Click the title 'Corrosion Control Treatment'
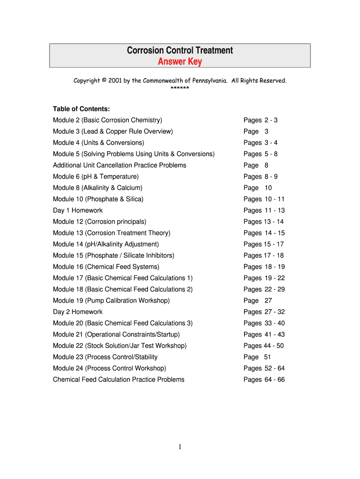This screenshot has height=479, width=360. point(180,51)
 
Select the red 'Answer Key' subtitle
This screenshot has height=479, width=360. point(180,62)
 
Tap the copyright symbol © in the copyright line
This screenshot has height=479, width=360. point(103,80)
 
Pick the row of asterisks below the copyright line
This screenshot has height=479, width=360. point(180,88)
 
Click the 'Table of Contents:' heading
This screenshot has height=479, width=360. point(81,109)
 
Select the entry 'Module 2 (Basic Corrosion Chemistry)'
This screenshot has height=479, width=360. point(108,120)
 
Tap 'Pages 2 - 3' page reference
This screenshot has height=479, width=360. point(260,120)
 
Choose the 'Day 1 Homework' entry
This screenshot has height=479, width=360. point(78,210)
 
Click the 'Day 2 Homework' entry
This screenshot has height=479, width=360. point(78,312)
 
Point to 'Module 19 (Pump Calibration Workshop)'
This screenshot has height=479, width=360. point(111,301)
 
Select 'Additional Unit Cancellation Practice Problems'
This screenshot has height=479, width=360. point(120,165)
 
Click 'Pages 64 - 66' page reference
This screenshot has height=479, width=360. point(264,379)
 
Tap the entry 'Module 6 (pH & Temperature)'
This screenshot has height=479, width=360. point(96,176)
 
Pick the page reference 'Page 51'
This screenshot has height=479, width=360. point(257,357)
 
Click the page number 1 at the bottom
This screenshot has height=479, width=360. point(180,448)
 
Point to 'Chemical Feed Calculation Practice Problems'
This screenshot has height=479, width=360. point(119,379)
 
